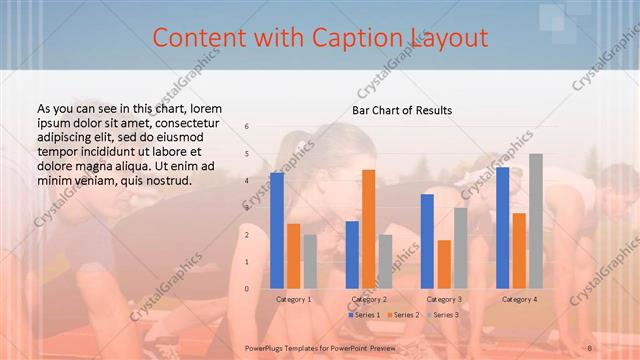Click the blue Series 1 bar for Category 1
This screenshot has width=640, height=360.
point(276,230)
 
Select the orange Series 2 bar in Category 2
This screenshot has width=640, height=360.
point(368,229)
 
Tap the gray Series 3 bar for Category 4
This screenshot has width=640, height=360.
point(535,221)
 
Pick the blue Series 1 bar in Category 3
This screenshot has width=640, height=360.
point(427,241)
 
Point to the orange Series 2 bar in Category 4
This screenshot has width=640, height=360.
point(519,250)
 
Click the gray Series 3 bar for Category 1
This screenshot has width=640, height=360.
point(309,261)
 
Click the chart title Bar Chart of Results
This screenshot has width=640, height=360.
point(402,109)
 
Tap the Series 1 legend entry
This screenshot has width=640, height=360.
point(363,315)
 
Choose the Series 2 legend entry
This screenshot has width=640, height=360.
point(402,315)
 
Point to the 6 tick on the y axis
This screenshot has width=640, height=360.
point(247,127)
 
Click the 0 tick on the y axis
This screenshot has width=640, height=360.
point(247,289)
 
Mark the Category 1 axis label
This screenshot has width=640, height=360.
point(293,299)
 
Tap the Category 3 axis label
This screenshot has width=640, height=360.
point(444,299)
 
